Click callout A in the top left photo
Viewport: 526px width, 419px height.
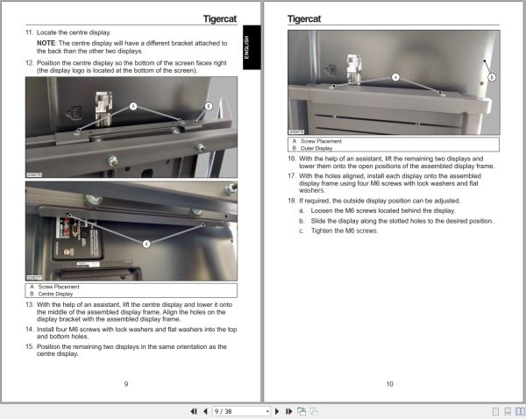click(134, 105)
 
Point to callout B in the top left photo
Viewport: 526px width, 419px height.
click(209, 105)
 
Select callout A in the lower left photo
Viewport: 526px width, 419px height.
click(146, 242)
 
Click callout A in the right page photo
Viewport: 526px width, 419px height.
click(395, 77)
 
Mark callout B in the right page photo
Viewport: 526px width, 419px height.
click(491, 77)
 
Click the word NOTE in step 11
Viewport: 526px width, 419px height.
click(46, 42)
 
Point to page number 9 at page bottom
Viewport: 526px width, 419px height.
click(126, 383)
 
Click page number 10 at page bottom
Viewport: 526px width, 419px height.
click(389, 383)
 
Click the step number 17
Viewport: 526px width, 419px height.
click(292, 175)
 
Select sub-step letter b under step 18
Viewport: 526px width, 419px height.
click(301, 220)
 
